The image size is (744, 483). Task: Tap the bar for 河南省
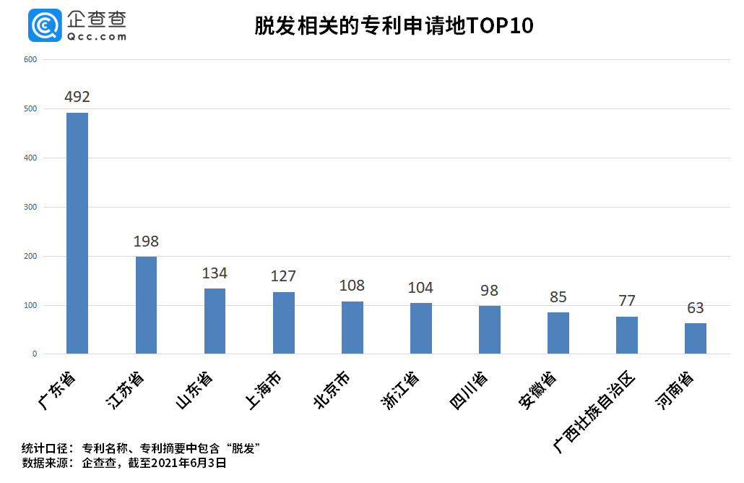point(696,338)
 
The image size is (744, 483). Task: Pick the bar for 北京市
point(352,328)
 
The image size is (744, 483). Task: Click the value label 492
point(77,97)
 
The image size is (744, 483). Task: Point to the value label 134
point(215,273)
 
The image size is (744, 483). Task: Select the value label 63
point(696,308)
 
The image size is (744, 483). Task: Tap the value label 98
point(490,291)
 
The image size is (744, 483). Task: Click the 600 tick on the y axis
point(30,59)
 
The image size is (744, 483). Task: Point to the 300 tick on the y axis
point(30,207)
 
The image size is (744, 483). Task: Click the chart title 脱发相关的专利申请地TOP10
point(394,27)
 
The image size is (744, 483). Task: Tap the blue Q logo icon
point(45,26)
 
